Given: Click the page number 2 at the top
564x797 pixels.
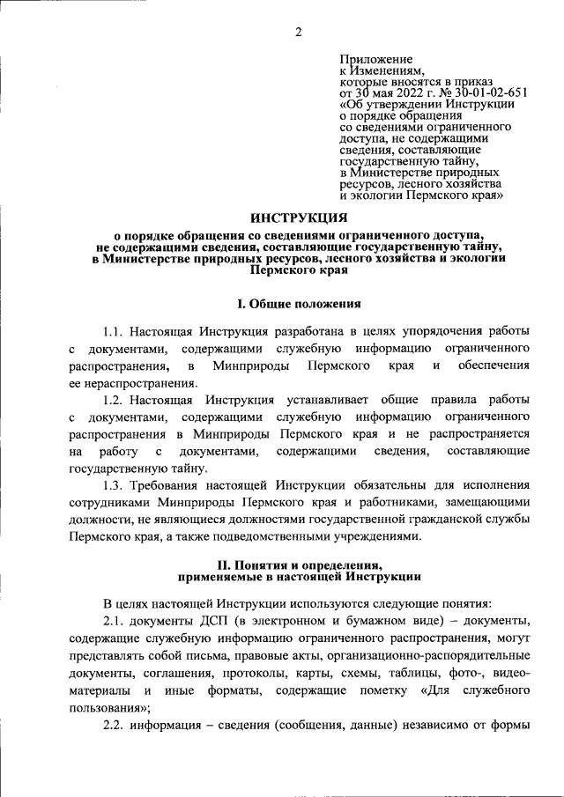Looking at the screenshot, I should click(298, 33).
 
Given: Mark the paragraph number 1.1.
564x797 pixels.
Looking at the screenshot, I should click(114, 332).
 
